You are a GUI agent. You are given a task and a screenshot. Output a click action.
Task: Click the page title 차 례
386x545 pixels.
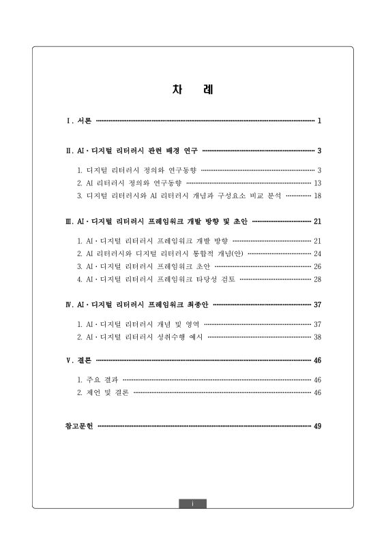point(192,90)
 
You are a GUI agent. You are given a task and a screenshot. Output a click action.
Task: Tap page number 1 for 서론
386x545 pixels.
point(318,121)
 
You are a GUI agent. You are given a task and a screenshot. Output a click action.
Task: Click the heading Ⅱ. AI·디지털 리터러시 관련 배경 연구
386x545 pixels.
point(132,151)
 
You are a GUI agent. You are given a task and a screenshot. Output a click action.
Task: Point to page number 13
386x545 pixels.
point(317,183)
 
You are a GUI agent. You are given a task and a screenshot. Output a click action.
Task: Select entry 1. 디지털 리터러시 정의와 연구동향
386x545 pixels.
point(137,170)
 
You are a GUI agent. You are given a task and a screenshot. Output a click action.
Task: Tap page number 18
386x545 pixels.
point(317,196)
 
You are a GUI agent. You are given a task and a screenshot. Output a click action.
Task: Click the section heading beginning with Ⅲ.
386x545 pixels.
point(156,221)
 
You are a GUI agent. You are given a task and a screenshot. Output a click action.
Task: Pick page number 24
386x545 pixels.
point(317,253)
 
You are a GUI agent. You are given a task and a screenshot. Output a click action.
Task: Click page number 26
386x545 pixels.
point(317,266)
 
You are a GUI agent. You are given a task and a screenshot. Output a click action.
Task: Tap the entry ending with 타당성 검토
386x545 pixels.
point(156,279)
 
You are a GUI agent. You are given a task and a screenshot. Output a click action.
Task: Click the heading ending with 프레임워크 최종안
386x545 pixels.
point(137,305)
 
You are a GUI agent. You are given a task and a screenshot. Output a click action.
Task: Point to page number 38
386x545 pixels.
point(317,337)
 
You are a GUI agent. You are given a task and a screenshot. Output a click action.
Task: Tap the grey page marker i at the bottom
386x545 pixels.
point(193,503)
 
